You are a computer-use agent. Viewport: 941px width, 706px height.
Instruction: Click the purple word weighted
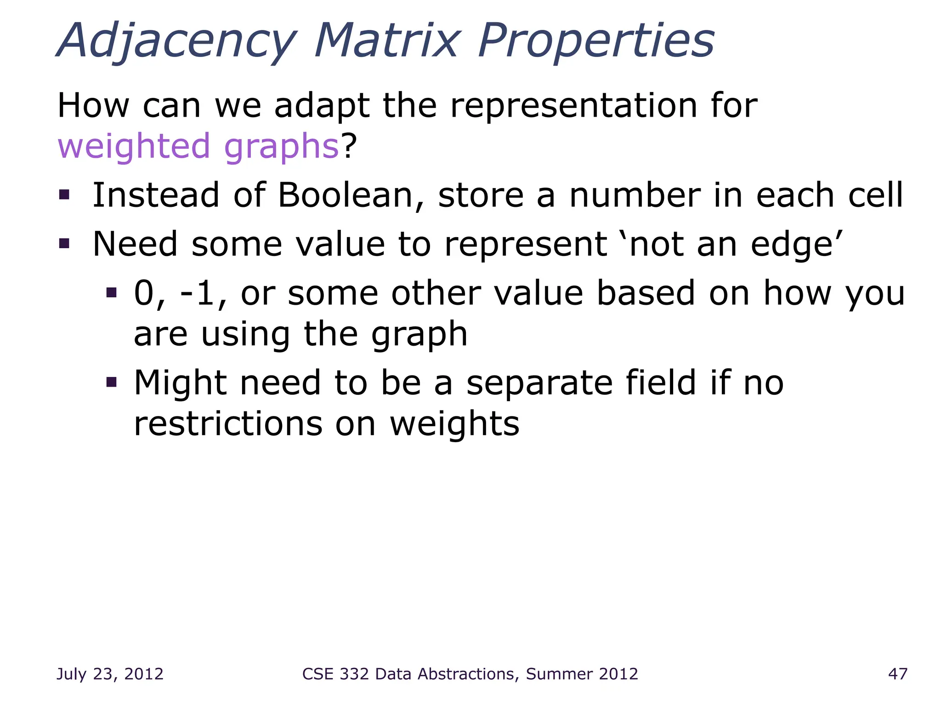coord(134,146)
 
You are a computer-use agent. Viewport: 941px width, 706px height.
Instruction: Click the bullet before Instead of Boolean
coord(64,195)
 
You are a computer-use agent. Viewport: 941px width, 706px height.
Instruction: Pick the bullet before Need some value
coord(64,243)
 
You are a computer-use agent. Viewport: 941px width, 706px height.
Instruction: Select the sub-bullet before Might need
coord(111,382)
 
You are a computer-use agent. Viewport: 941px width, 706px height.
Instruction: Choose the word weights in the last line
coord(454,424)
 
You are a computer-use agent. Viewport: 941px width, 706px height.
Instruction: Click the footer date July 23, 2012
coord(110,674)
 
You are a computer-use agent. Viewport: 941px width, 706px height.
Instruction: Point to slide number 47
coord(898,674)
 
